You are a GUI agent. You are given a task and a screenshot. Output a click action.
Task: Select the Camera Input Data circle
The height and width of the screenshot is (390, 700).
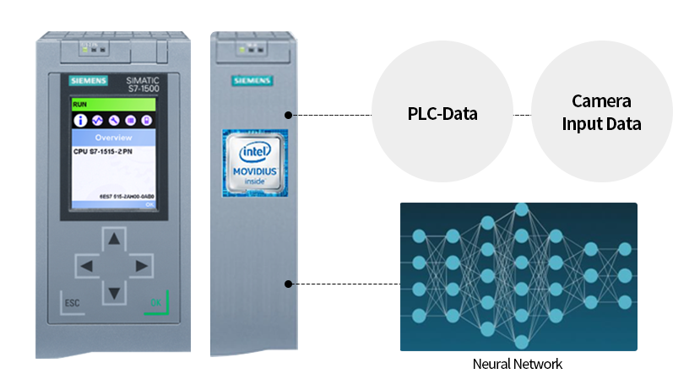pyautogui.click(x=601, y=113)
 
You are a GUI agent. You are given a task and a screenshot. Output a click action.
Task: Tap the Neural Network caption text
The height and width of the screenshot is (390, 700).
pyautogui.click(x=518, y=365)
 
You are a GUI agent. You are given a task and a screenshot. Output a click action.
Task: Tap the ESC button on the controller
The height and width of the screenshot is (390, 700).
pyautogui.click(x=71, y=302)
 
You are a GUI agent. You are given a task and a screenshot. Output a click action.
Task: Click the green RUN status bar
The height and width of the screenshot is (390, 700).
pyautogui.click(x=113, y=105)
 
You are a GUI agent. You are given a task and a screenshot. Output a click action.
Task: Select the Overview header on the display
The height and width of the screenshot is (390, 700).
pyautogui.click(x=113, y=137)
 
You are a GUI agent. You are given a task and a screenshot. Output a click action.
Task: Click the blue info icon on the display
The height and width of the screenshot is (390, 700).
pyautogui.click(x=81, y=121)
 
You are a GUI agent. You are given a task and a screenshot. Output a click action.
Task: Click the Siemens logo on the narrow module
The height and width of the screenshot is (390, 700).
pyautogui.click(x=252, y=80)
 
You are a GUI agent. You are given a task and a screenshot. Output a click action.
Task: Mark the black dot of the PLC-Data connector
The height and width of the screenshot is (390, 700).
pyautogui.click(x=288, y=114)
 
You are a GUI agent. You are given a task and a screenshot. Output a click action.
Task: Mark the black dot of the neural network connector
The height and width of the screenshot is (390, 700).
pyautogui.click(x=288, y=284)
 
